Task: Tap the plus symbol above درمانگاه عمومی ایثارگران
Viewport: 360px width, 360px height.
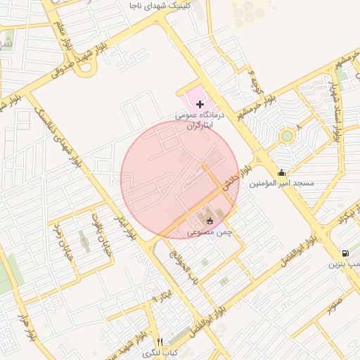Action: point(200,104)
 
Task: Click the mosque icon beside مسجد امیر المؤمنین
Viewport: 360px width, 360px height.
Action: point(282,173)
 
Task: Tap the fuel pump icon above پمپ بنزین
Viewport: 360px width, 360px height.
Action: point(345,254)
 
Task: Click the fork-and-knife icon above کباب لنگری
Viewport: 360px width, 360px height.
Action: point(160,342)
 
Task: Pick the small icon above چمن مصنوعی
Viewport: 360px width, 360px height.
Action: point(210,222)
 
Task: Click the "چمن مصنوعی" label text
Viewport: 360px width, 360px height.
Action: point(210,232)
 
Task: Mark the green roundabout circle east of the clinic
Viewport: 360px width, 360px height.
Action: point(286,136)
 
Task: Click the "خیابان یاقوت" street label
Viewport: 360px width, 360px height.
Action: point(96,228)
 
